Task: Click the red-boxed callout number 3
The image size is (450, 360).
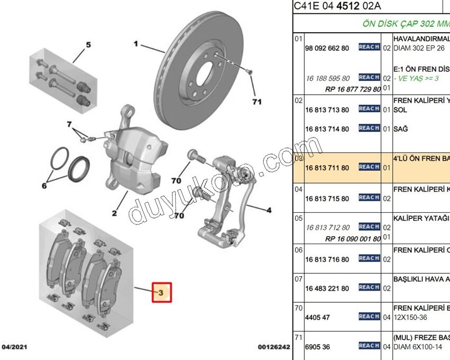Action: (x=163, y=291)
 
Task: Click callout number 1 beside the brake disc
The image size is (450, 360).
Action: (x=136, y=44)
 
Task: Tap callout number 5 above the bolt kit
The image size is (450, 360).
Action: (x=88, y=44)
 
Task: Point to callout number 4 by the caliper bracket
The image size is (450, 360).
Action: (x=269, y=211)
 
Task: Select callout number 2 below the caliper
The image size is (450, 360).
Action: (x=114, y=213)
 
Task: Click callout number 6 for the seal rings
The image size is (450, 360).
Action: (x=45, y=186)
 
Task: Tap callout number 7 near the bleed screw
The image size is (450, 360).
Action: (x=69, y=124)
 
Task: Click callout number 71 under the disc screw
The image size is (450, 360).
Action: (x=257, y=102)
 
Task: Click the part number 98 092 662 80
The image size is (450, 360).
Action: (x=327, y=48)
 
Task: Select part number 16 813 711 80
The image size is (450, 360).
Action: (x=327, y=168)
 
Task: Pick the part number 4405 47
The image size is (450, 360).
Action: (x=318, y=318)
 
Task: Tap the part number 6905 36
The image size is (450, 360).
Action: (x=318, y=347)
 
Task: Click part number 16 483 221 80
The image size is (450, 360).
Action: (x=327, y=289)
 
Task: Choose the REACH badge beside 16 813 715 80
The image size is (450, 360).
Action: (x=369, y=197)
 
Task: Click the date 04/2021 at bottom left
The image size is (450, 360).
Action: (x=14, y=347)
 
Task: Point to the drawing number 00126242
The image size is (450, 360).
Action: (x=274, y=347)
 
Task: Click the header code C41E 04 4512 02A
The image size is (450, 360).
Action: (x=337, y=6)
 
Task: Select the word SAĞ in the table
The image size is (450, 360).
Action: (x=401, y=129)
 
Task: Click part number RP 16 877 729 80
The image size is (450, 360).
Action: (x=353, y=89)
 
